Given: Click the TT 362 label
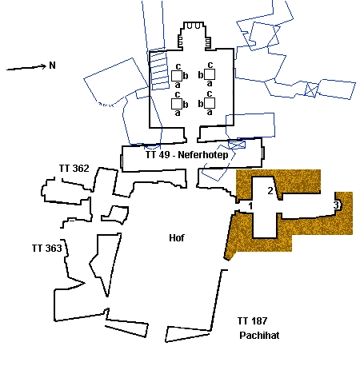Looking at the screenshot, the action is click(x=74, y=169).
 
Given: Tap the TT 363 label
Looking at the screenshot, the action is click(x=47, y=249).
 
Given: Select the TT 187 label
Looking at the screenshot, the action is click(x=252, y=321).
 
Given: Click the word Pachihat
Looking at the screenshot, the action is click(x=259, y=335).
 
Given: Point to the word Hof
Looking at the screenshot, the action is click(x=177, y=238).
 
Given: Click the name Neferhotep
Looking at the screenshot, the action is click(x=203, y=155).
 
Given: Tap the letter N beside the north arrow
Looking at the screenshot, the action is click(x=52, y=66).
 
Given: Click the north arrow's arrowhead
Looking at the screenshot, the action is click(x=44, y=66).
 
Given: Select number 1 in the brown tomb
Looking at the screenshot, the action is click(x=250, y=206).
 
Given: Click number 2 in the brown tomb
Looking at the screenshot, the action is click(x=270, y=191).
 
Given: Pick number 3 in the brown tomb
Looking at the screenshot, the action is click(x=336, y=205).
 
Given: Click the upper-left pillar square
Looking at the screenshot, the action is click(x=177, y=76).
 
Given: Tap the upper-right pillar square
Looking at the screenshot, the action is click(x=210, y=74).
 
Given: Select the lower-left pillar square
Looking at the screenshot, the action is click(x=177, y=104).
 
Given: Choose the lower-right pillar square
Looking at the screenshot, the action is click(x=210, y=103).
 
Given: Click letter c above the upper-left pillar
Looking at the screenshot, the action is click(x=178, y=66).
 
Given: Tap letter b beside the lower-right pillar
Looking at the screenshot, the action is click(x=201, y=104).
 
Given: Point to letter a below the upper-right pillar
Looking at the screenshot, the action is click(x=210, y=83).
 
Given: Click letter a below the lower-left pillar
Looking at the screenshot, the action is click(x=178, y=113).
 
